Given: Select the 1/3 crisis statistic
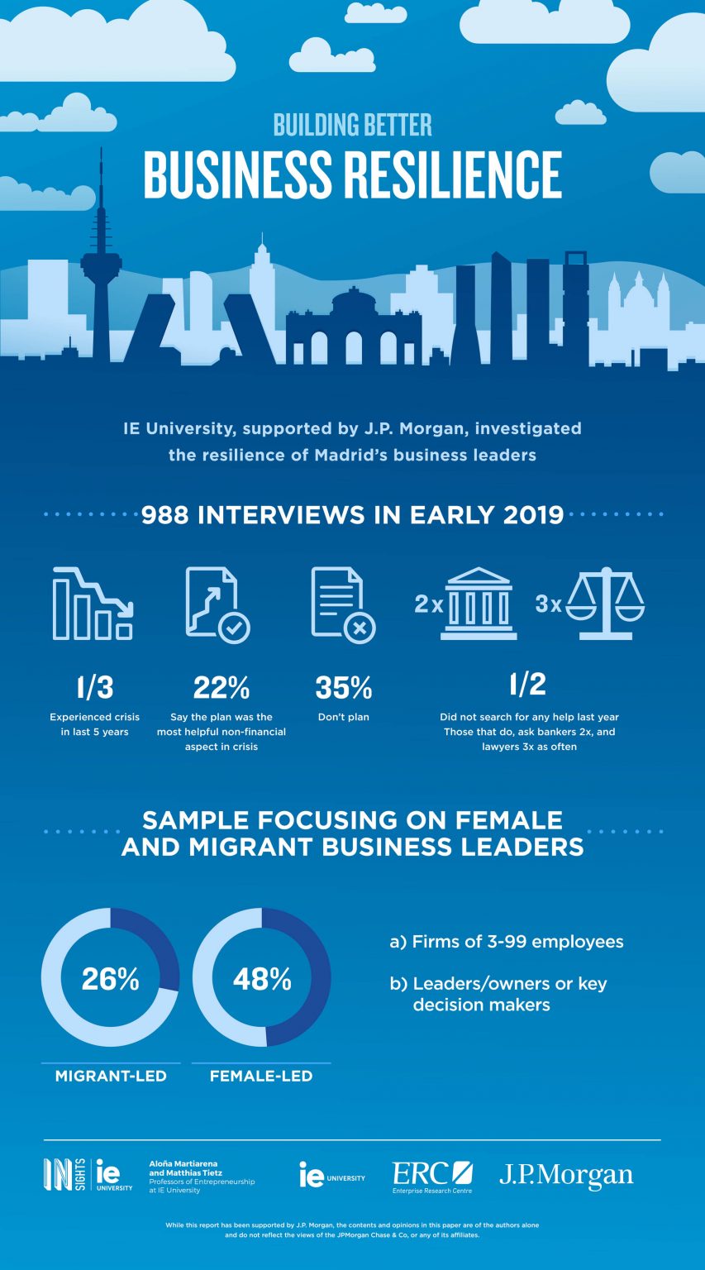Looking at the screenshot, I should pyautogui.click(x=94, y=687).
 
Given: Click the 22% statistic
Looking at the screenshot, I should pyautogui.click(x=221, y=687).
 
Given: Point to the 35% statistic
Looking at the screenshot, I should pyautogui.click(x=343, y=687).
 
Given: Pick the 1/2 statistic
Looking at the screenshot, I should pyautogui.click(x=529, y=684).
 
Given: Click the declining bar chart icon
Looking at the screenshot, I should pyautogui.click(x=93, y=604).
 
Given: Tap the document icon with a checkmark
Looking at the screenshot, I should pyautogui.click(x=217, y=604).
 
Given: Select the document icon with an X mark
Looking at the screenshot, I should pyautogui.click(x=342, y=604).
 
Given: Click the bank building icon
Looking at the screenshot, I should pyautogui.click(x=479, y=604).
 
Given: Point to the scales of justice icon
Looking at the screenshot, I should pyautogui.click(x=611, y=604).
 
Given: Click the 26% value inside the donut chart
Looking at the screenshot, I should pyautogui.click(x=110, y=979).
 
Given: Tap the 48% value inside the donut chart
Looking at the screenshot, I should pyautogui.click(x=262, y=979).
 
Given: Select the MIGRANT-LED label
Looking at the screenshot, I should pyautogui.click(x=111, y=1076).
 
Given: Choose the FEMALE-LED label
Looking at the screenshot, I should pyautogui.click(x=261, y=1076).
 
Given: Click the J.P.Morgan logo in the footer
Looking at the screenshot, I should pyautogui.click(x=566, y=1175).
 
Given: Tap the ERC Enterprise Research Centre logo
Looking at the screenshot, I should pyautogui.click(x=431, y=1177).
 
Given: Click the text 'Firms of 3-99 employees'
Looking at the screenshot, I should pyautogui.click(x=517, y=942).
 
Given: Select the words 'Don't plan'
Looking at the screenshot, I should pyautogui.click(x=343, y=717).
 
